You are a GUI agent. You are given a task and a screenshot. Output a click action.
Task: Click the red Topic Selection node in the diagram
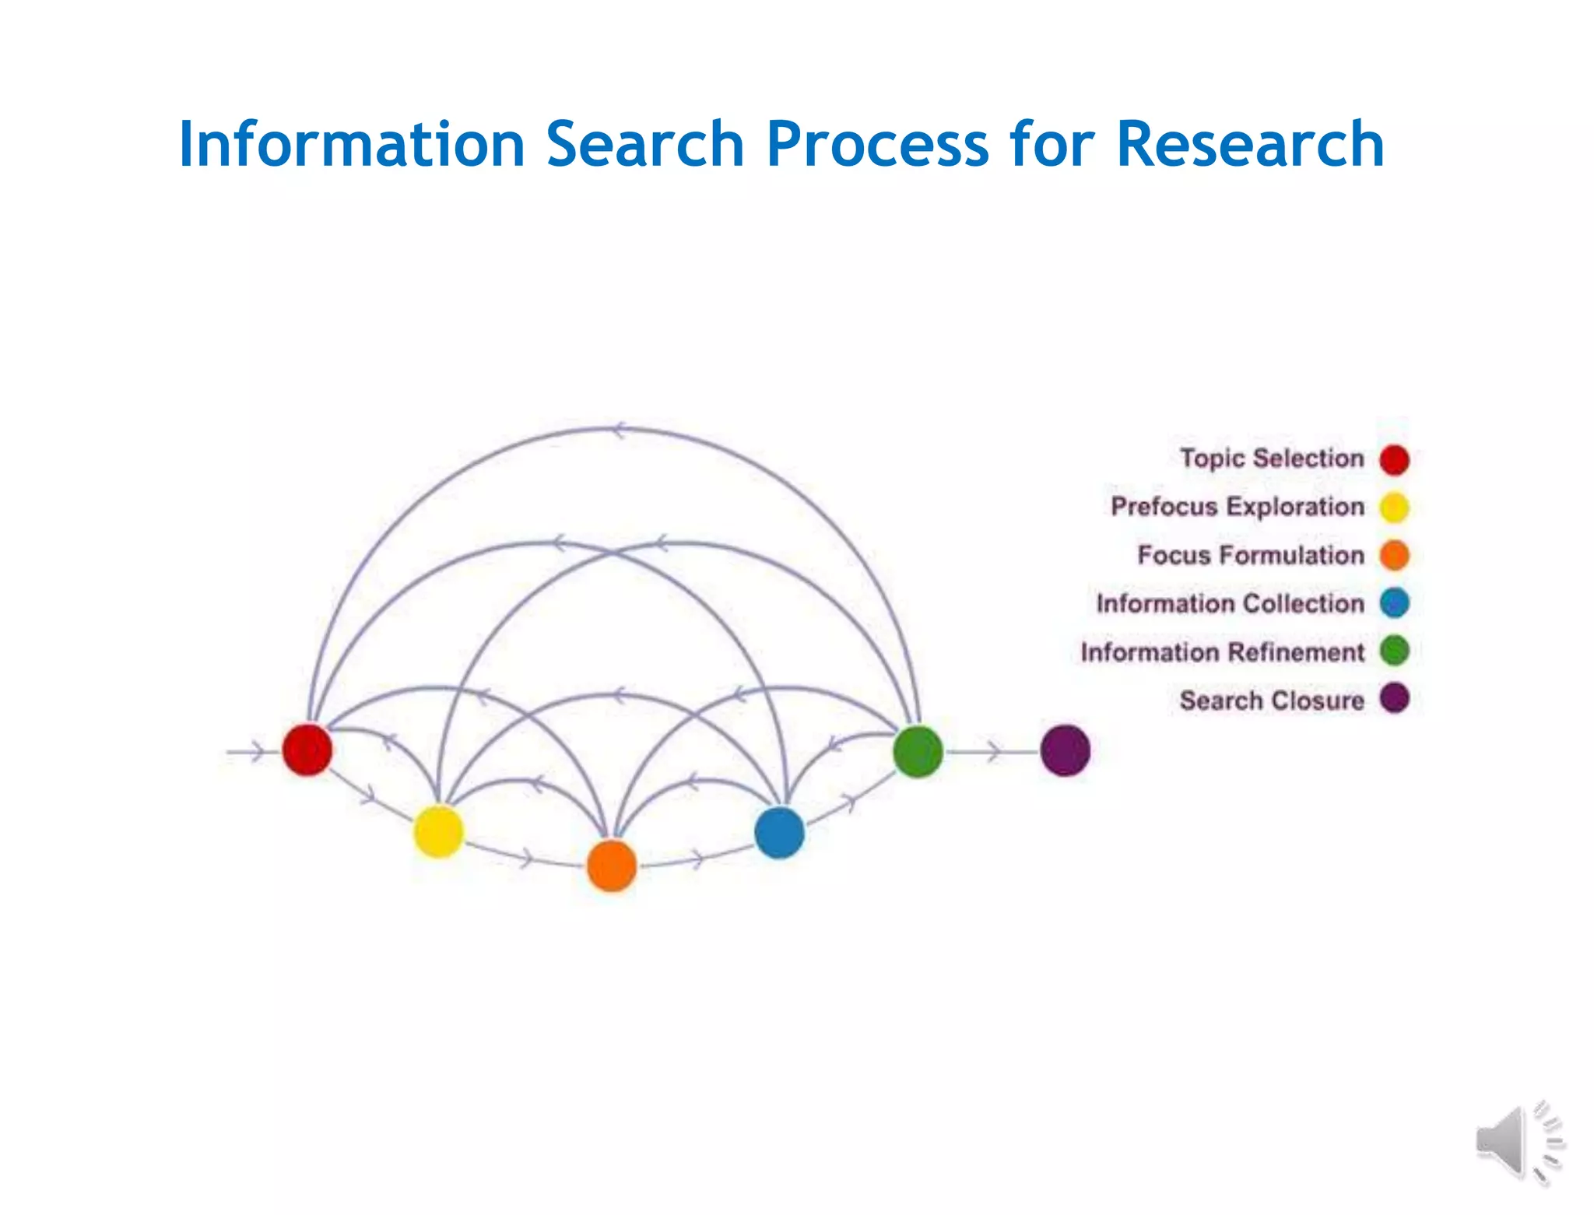307,750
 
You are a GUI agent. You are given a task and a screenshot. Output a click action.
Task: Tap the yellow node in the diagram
438,831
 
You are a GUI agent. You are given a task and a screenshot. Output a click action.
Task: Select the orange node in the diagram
612,866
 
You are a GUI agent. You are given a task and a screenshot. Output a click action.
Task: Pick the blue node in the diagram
779,833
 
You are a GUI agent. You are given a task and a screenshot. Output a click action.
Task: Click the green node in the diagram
918,751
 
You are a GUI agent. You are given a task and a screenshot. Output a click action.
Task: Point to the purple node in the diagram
1065,750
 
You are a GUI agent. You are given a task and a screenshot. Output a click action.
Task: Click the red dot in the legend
1394,459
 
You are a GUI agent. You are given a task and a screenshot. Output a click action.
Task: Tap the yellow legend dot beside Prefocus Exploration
1394,507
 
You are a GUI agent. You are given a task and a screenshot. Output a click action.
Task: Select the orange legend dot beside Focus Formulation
1394,556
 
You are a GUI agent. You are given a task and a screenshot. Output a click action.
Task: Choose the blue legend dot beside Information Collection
1394,603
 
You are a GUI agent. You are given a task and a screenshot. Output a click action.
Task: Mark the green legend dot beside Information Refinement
1394,651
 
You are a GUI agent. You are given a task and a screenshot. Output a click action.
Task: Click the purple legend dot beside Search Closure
1394,698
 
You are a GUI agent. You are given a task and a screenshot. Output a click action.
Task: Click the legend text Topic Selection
1272,458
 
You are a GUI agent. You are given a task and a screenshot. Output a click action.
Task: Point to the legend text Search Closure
1272,701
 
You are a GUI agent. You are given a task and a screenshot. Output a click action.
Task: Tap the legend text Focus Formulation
1251,555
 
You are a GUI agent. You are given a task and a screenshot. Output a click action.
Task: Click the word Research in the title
1250,144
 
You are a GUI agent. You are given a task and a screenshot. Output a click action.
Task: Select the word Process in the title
877,144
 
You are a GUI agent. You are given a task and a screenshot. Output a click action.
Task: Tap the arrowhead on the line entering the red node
256,752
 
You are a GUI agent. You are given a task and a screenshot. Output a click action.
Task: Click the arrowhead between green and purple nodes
993,752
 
